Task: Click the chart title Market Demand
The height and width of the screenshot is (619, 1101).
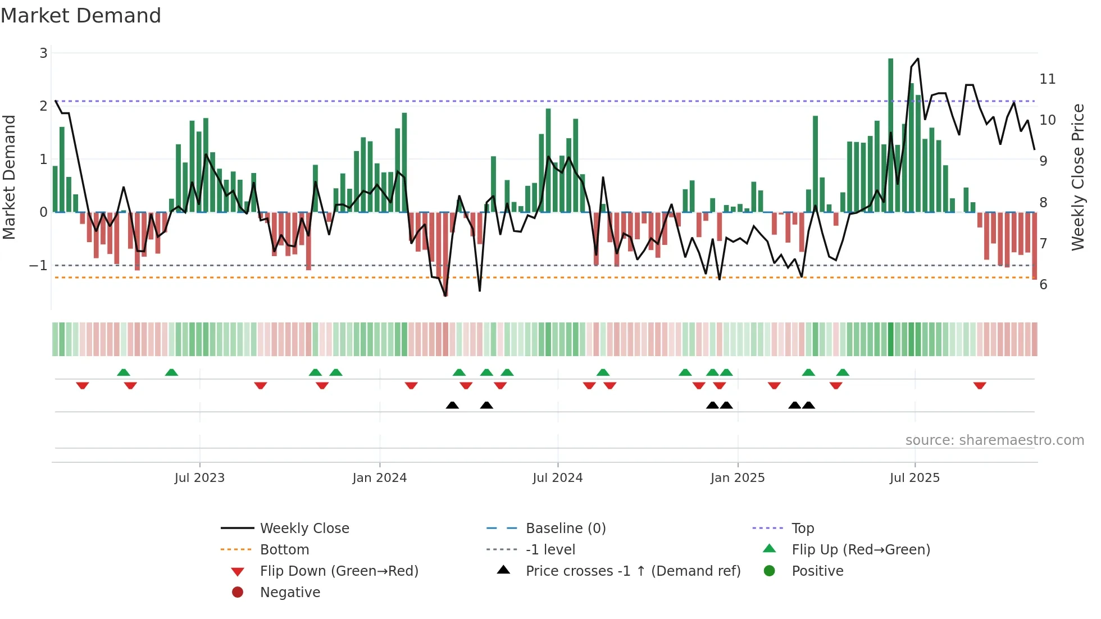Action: coord(81,16)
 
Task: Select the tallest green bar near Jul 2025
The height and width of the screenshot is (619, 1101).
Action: coord(890,135)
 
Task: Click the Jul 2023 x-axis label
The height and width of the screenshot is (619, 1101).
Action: coord(199,478)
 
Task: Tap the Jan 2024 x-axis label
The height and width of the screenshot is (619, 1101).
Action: coord(379,478)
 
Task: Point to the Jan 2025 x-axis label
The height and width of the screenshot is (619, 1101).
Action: coord(737,478)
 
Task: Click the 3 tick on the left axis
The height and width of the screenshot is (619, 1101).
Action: coord(43,53)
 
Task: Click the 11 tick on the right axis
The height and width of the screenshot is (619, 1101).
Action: coord(1047,79)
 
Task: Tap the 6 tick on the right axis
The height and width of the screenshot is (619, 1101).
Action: coord(1043,285)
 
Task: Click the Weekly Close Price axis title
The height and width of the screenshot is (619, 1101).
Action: coord(1077,177)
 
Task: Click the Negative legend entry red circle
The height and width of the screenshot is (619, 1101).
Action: coord(238,593)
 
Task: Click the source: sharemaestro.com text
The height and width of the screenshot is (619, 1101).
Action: coord(994,440)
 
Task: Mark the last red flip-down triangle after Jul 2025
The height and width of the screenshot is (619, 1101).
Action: coord(980,386)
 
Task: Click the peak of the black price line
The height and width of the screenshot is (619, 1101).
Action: coord(918,58)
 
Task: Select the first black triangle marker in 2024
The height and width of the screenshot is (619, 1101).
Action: coord(452,405)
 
